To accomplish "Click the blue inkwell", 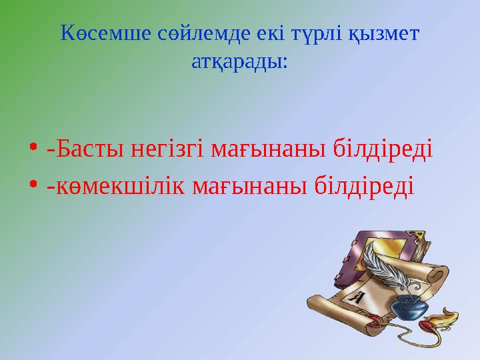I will pos(409,307).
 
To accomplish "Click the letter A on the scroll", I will pos(357,297).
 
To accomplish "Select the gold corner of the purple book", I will pos(421,235).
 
